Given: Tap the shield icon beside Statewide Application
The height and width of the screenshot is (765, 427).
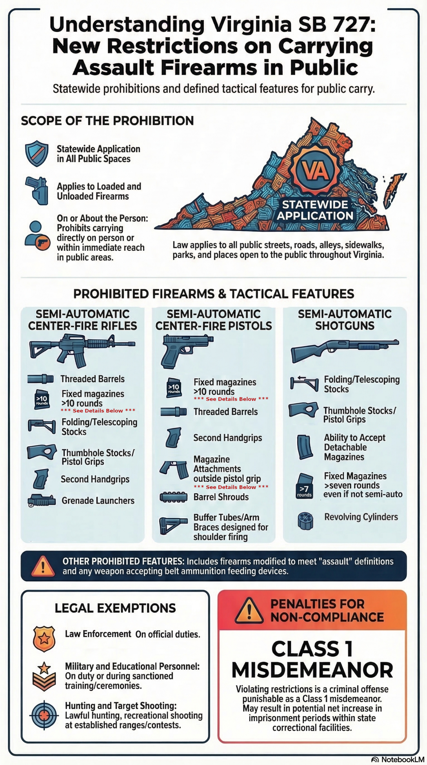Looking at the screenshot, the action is [37, 153].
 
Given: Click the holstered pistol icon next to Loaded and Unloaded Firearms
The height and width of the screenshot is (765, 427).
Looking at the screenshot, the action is [37, 190].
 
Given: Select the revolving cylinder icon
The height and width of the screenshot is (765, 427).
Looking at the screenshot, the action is [305, 521].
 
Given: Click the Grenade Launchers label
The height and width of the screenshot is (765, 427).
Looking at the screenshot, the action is [98, 501].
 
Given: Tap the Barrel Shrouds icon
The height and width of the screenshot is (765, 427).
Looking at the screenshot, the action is [173, 497].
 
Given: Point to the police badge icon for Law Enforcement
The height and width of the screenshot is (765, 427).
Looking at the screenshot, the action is [44, 639].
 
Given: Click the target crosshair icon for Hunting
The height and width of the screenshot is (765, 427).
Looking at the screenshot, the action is [44, 715].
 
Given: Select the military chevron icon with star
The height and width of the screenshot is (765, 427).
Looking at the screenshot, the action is [44, 676].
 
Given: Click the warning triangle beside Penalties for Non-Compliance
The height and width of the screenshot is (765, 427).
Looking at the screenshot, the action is [249, 611].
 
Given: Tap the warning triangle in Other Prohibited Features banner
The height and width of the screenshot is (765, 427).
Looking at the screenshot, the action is [43, 566].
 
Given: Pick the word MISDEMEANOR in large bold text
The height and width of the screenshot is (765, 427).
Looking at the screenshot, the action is [312, 671].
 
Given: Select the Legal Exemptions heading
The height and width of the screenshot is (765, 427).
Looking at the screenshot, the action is [115, 608].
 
